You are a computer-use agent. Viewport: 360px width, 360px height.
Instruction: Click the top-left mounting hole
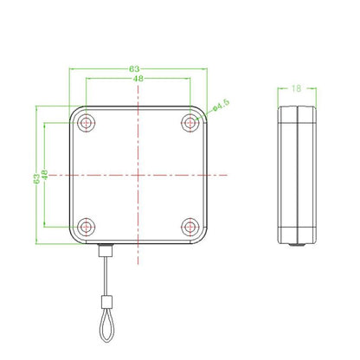click(x=87, y=124)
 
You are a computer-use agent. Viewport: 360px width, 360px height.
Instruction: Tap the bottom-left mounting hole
click(x=87, y=227)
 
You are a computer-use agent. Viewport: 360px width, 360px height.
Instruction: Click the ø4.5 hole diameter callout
click(x=220, y=106)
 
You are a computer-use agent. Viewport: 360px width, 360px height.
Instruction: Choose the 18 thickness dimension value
click(x=296, y=87)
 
